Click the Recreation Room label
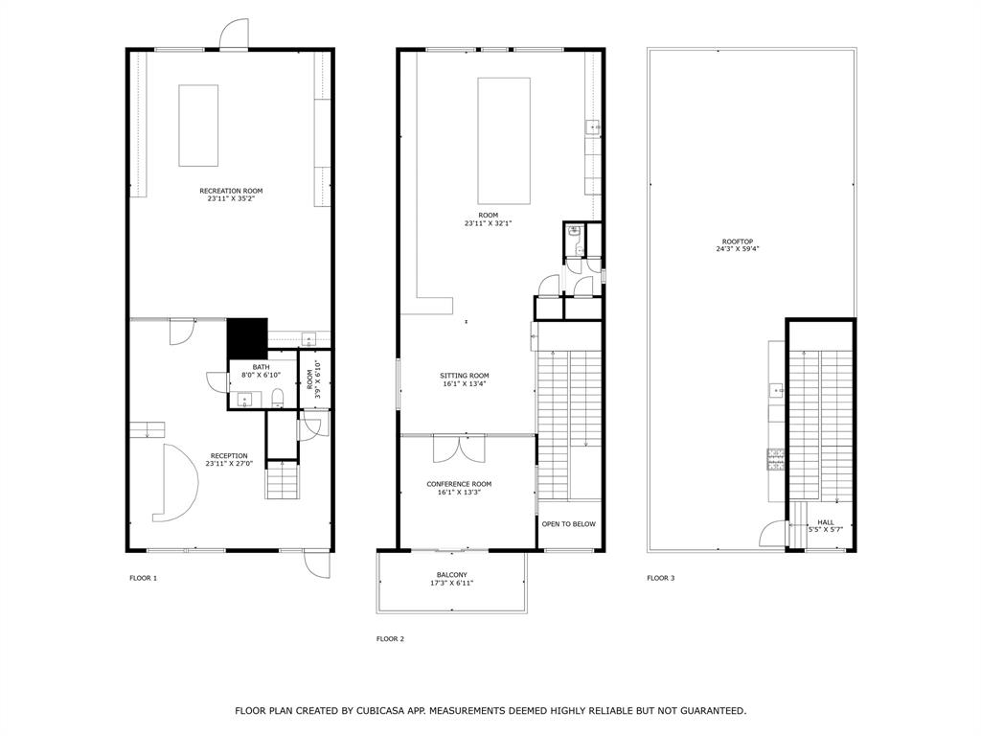(x=231, y=195)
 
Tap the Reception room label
(x=230, y=460)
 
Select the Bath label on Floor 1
(x=262, y=371)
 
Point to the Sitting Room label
(x=465, y=379)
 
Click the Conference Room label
(x=459, y=488)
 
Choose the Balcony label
(x=452, y=579)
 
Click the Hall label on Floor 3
(x=825, y=526)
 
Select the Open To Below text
(x=569, y=524)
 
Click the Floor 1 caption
(x=143, y=578)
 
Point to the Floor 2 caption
(x=390, y=638)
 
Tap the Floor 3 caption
(x=660, y=578)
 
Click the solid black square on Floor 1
(x=246, y=338)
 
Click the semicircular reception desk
(x=178, y=483)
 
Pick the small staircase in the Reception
(x=282, y=480)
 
